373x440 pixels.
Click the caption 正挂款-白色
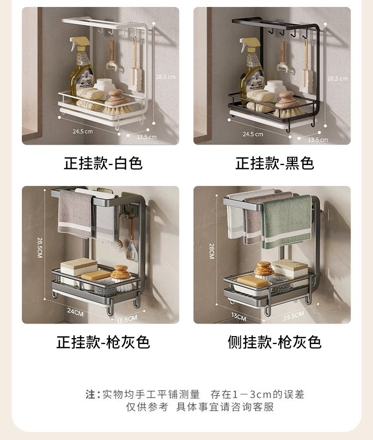point(103,163)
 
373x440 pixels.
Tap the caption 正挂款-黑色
point(275,163)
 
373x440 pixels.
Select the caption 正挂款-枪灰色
point(103,342)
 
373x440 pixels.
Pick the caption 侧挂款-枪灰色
point(275,342)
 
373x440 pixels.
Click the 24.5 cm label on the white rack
point(83,131)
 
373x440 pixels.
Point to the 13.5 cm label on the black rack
point(318,140)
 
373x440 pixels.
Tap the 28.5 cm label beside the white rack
point(166,77)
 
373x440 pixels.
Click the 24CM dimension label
point(75,312)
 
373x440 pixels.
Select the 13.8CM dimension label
point(127,319)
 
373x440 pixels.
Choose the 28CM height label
point(212,251)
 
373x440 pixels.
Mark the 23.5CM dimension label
point(293,316)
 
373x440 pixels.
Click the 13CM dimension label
point(239,317)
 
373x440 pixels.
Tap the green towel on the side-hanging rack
point(286,222)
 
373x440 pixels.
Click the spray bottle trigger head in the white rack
point(80,43)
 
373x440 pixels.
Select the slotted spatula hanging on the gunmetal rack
point(132,250)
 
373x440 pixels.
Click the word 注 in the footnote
point(91,394)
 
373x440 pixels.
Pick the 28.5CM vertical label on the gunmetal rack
point(40,248)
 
